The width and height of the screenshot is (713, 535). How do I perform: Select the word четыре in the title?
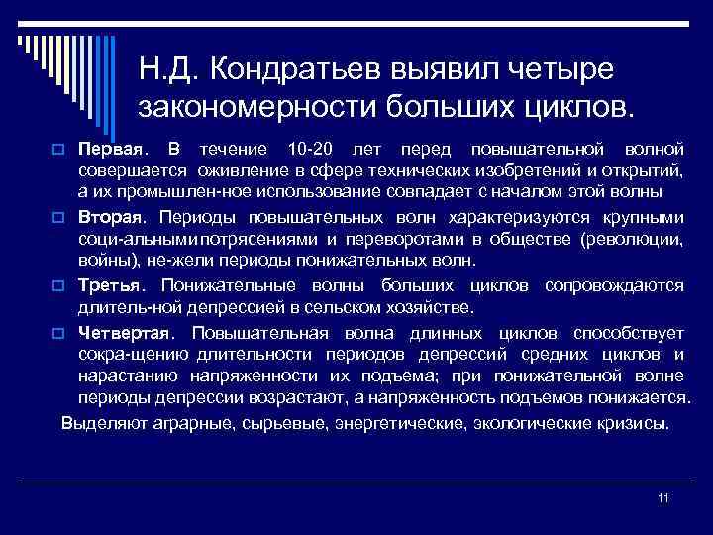560,69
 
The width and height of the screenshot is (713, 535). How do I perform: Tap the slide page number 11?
663,498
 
